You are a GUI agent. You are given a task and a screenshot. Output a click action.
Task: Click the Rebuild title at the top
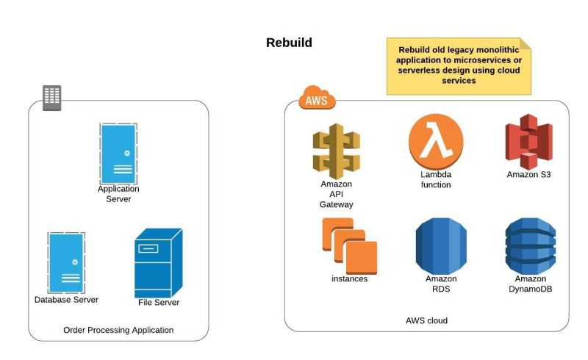pyautogui.click(x=289, y=43)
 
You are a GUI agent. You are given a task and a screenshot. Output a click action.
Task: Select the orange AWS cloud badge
pyautogui.click(x=317, y=98)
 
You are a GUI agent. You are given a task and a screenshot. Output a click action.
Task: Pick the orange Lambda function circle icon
pyautogui.click(x=436, y=143)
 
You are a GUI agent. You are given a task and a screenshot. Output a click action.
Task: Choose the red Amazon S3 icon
pyautogui.click(x=528, y=142)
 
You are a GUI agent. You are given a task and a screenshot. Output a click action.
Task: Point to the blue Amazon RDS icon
pyautogui.click(x=441, y=245)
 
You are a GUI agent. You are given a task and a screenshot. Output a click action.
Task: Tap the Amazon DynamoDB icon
pyautogui.click(x=530, y=245)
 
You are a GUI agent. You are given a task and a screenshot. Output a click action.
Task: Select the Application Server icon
pyautogui.click(x=118, y=153)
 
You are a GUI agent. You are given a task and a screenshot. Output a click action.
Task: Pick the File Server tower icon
pyautogui.click(x=157, y=263)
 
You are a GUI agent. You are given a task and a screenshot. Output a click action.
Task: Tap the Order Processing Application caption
pyautogui.click(x=118, y=330)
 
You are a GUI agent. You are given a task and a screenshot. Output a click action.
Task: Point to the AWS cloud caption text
pyautogui.click(x=426, y=320)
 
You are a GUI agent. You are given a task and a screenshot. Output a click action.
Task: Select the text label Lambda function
pyautogui.click(x=436, y=180)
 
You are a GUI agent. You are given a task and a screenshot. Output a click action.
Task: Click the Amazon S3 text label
pyautogui.click(x=528, y=175)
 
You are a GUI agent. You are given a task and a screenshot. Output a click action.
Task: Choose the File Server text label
pyautogui.click(x=159, y=302)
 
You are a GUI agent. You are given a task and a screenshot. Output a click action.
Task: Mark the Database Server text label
pyautogui.click(x=66, y=299)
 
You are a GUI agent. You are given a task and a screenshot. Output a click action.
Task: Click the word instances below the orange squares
pyautogui.click(x=349, y=279)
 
